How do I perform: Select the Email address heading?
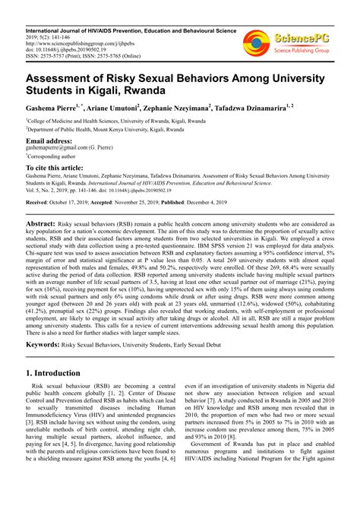tap(50, 141)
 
